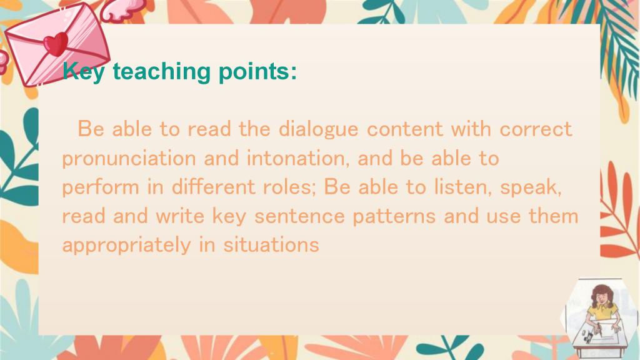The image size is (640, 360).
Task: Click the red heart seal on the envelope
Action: coord(56,44)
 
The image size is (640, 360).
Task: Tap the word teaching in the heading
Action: coord(161,72)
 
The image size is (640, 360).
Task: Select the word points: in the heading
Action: coord(257,72)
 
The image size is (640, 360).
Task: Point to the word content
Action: coord(404,129)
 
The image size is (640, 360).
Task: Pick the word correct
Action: coord(536,129)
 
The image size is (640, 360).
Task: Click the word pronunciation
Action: coord(129,159)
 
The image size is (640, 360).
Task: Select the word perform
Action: coord(101,187)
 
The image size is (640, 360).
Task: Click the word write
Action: coord(179,216)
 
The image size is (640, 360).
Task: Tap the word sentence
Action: coord(299,217)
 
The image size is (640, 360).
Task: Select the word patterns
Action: coord(394,217)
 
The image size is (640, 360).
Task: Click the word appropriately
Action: coord(126,246)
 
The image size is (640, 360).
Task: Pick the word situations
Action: coord(271,245)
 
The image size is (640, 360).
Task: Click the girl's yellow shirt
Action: coord(603,312)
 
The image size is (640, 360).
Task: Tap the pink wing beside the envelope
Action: coord(122,10)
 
